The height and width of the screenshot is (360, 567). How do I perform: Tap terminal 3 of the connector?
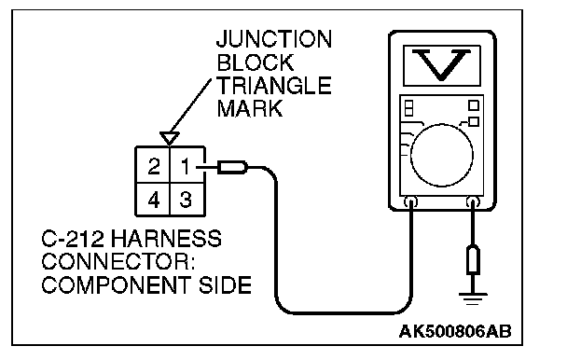click(187, 199)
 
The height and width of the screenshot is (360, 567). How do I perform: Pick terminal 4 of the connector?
click(153, 199)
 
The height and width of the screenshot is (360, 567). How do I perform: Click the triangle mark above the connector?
click(169, 138)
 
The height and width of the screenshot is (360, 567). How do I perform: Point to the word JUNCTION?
click(274, 39)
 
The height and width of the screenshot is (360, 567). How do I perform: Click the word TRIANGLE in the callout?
click(274, 86)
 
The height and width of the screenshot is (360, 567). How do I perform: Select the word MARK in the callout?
click(250, 108)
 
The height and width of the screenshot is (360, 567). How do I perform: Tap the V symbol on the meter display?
click(441, 64)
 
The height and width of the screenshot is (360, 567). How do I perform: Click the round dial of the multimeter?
click(441, 155)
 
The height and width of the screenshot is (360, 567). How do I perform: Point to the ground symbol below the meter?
click(473, 298)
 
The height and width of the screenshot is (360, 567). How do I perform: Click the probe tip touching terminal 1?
click(232, 167)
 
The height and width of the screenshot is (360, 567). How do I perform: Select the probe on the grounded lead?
click(473, 259)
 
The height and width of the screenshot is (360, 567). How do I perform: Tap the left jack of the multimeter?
click(411, 201)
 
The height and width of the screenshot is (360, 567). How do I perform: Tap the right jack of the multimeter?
click(473, 201)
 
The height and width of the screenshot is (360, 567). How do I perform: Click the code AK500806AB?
click(455, 331)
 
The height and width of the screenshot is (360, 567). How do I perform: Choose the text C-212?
click(73, 239)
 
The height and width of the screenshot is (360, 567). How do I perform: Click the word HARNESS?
click(166, 239)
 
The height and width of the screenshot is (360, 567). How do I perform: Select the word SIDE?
click(225, 285)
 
